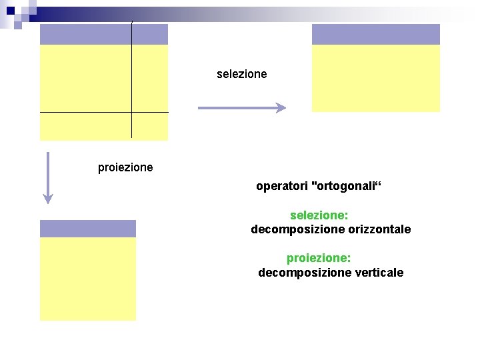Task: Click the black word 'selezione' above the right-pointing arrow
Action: (241, 74)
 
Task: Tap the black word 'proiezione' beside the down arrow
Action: (125, 167)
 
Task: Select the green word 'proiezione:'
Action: (319, 257)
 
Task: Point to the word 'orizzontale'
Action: (379, 229)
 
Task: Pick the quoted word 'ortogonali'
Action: (346, 186)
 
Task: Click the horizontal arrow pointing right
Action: (242, 107)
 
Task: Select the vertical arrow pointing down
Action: (47, 177)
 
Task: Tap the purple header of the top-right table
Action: (376, 35)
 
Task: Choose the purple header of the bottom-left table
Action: (88, 229)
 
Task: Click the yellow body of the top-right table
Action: (376, 78)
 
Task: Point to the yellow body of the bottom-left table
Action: (88, 279)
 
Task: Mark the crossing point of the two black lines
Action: (132, 112)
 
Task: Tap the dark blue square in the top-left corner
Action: (11, 10)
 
